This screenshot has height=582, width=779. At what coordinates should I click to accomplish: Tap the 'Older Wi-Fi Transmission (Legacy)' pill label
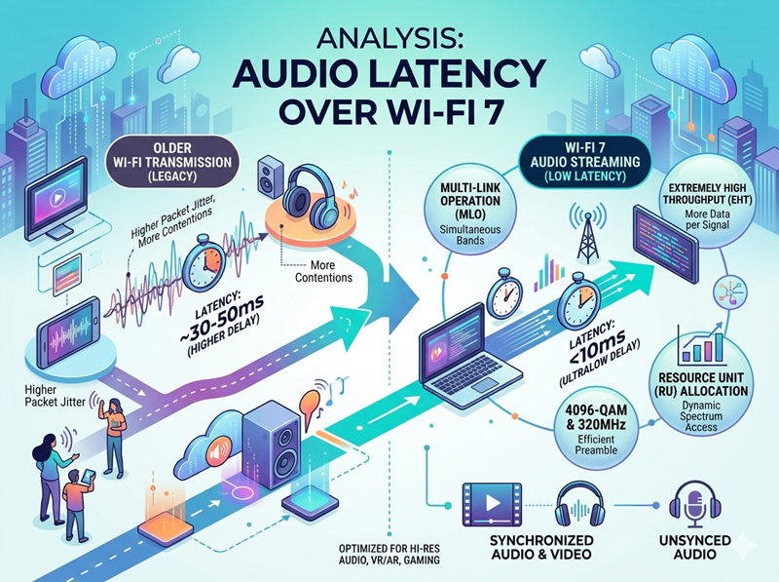(x=172, y=162)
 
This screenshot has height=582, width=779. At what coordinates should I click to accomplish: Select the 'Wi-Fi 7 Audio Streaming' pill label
(x=585, y=162)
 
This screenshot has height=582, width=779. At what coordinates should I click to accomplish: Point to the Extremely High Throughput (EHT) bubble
(x=707, y=205)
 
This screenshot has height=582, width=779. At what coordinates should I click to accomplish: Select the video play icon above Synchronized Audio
(x=492, y=504)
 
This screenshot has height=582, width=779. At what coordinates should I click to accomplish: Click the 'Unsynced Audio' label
(x=695, y=547)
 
